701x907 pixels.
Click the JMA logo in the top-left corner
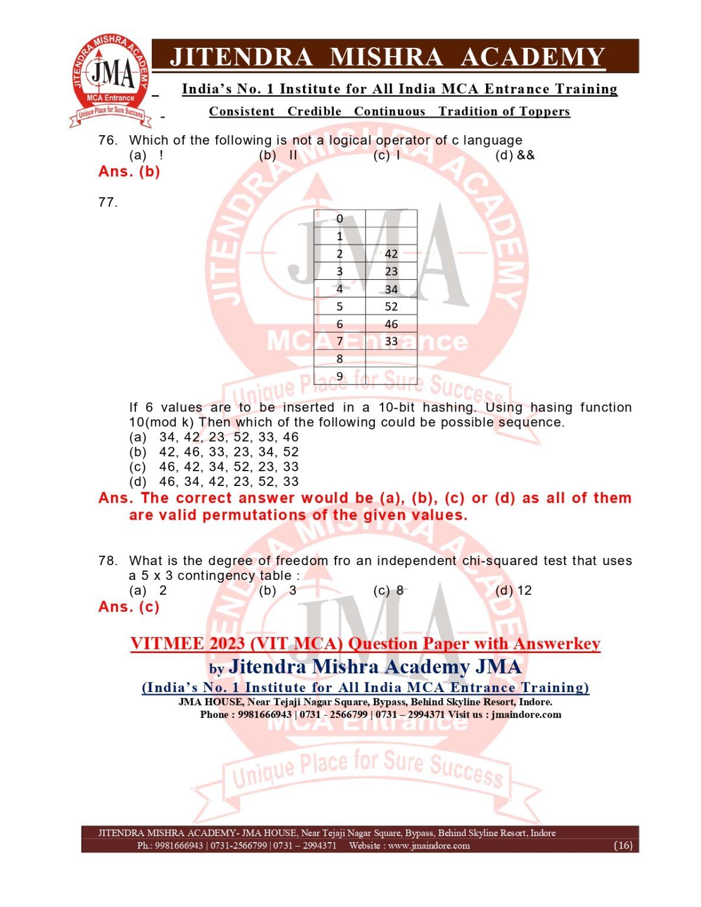click(x=110, y=80)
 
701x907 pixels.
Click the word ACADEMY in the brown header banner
click(x=532, y=57)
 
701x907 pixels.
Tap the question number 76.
click(x=107, y=141)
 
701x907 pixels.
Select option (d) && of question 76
click(x=514, y=155)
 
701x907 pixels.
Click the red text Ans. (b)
click(x=129, y=172)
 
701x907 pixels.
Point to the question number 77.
click(x=107, y=203)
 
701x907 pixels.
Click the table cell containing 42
click(x=391, y=254)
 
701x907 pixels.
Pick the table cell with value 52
click(x=391, y=306)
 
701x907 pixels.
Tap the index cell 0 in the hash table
click(x=340, y=218)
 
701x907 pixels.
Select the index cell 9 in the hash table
click(x=340, y=376)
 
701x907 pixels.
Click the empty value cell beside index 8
click(x=391, y=359)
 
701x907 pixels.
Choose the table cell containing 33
click(x=391, y=341)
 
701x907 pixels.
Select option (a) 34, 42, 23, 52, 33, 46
click(x=214, y=438)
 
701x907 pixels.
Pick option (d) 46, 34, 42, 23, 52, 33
click(x=214, y=482)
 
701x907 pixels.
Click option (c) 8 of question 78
click(x=389, y=590)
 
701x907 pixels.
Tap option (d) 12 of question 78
click(x=513, y=590)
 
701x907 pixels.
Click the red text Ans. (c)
click(x=129, y=607)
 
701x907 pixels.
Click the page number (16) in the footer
click(x=623, y=846)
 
